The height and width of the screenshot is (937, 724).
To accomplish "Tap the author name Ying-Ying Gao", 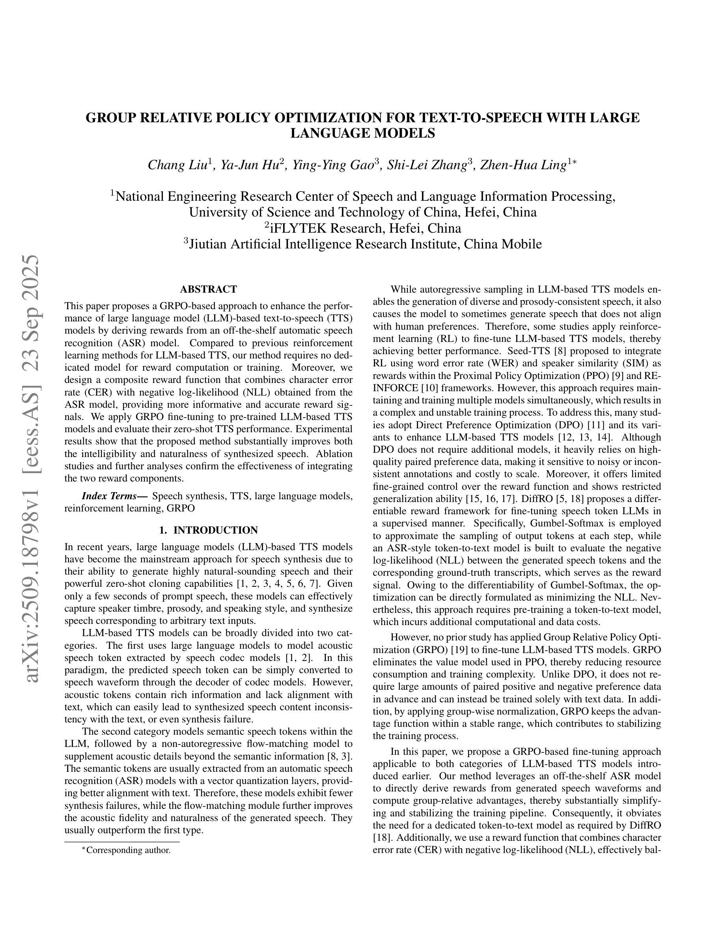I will pos(333,165).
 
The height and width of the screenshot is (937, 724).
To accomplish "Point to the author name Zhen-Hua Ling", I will pos(523,165).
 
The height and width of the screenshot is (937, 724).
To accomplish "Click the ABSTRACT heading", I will pos(209,289).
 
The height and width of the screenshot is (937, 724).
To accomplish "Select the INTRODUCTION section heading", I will pos(215,530).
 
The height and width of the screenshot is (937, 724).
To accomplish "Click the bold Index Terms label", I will pos(114,496).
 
